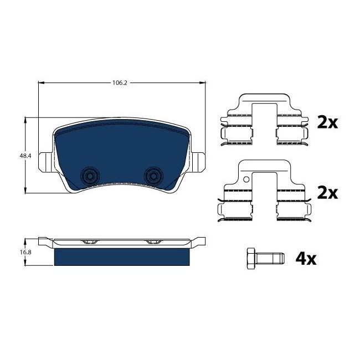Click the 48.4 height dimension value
[25, 156]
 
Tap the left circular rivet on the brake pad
[88, 175]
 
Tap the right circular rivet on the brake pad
[152, 175]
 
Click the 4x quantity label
[306, 258]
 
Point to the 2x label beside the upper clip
[327, 122]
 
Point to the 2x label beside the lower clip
[327, 193]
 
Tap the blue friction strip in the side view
[122, 257]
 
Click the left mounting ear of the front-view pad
[45, 161]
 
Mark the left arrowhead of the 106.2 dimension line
[40, 83]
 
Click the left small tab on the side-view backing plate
[88, 242]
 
